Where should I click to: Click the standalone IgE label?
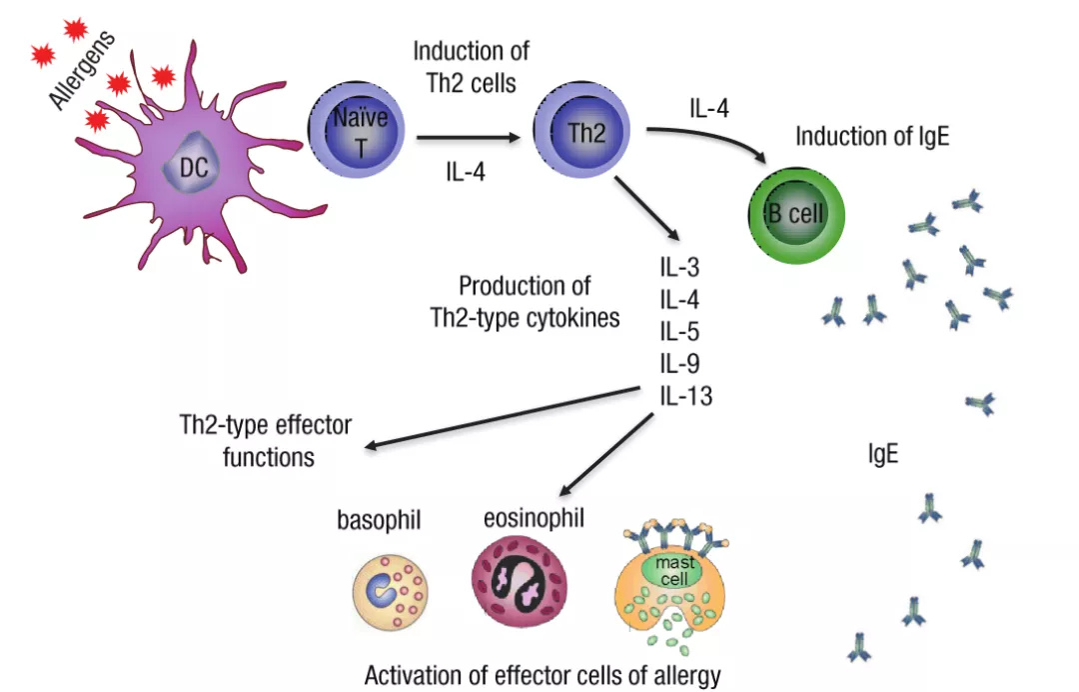click(884, 456)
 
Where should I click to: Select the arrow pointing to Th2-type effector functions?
click(500, 417)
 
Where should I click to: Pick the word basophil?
click(377, 520)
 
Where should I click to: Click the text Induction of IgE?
click(871, 137)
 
